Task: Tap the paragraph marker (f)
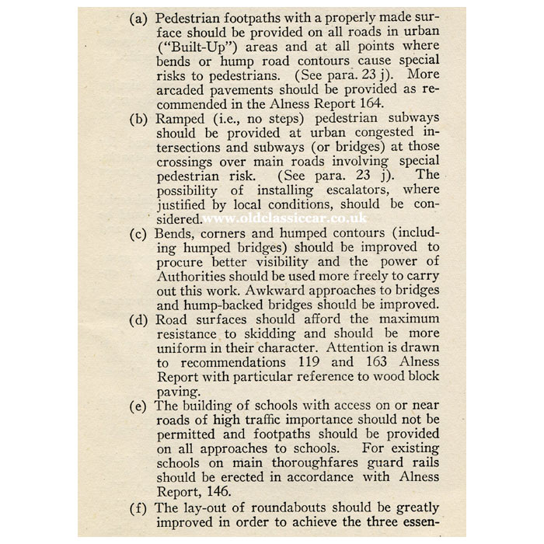click(x=140, y=508)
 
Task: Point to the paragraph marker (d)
click(x=141, y=319)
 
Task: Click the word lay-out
click(x=204, y=508)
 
